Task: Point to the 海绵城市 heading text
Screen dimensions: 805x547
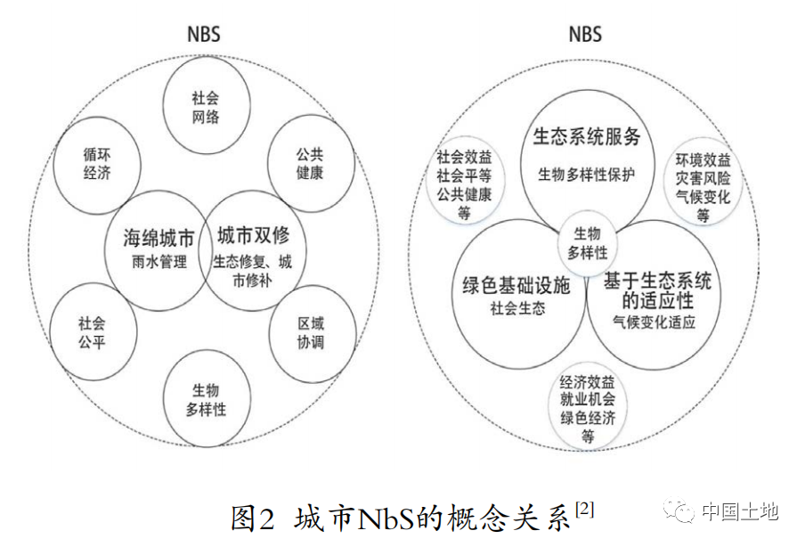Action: click(x=159, y=238)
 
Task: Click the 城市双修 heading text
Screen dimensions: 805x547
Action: click(x=253, y=236)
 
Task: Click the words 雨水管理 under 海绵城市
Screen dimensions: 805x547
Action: click(x=159, y=262)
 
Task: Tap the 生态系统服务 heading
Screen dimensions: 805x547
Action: click(x=587, y=136)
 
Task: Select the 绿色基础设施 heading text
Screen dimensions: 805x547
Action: click(x=516, y=285)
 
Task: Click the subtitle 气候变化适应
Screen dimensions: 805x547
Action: click(x=654, y=322)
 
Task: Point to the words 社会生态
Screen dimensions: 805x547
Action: click(x=517, y=308)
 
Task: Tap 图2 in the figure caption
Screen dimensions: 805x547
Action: click(x=251, y=518)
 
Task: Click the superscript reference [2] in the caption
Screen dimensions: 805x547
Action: click(x=585, y=509)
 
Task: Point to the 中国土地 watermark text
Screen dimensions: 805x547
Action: click(x=740, y=511)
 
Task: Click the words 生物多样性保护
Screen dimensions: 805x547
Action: click(x=586, y=175)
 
